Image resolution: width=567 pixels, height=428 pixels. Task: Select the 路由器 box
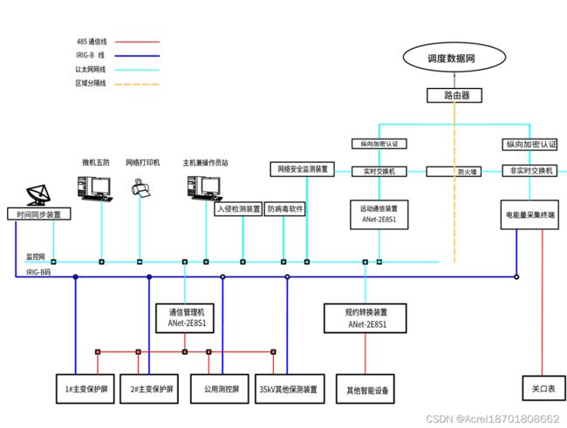coord(454,94)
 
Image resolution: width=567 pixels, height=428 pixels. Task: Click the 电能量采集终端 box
coord(529,214)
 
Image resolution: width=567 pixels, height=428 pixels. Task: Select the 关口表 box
coord(543,389)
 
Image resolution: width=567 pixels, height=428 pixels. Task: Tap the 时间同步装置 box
coord(38,214)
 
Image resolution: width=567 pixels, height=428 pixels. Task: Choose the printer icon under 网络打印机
coord(140,187)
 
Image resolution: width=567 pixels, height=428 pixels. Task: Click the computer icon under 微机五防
coord(94,187)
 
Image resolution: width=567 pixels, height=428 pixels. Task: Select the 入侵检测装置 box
coord(239,209)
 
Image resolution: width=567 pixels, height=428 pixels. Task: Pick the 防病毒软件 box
coord(286,209)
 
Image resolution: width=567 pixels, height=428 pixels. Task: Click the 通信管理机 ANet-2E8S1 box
coord(185,317)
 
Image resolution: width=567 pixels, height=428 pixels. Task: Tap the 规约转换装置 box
coord(366,317)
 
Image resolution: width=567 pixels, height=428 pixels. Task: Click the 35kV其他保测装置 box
coord(288,389)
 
